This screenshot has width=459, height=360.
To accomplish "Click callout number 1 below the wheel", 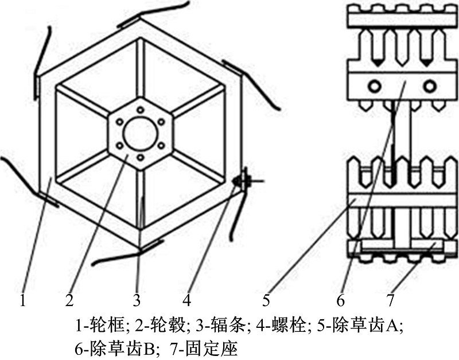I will point(22,300).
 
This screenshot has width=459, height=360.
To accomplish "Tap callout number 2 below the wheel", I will point(69,300).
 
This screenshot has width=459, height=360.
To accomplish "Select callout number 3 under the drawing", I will point(137,300).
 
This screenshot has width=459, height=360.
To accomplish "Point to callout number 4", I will point(186,300).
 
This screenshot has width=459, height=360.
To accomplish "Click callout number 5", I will point(266,300).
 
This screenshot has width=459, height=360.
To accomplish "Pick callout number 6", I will point(341,300).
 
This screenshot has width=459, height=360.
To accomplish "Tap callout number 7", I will point(390,300).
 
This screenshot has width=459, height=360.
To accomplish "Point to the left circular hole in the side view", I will point(375,86).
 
